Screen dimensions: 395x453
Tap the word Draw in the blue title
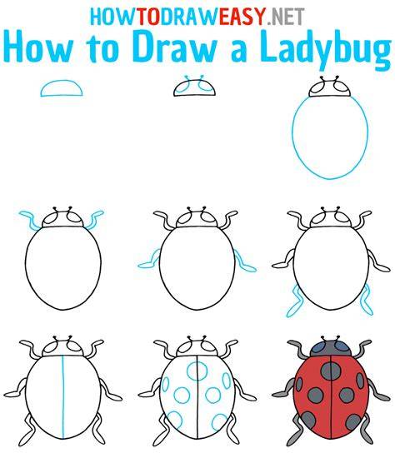(x=175, y=47)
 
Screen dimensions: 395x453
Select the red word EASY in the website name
(x=242, y=17)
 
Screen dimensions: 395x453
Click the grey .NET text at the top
(x=285, y=17)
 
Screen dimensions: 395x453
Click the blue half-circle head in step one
(x=62, y=81)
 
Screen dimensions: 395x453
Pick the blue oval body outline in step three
(x=292, y=136)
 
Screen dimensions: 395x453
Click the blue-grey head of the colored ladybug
(x=331, y=348)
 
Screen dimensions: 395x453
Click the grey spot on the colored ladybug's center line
(x=330, y=371)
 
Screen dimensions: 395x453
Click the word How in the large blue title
(x=37, y=47)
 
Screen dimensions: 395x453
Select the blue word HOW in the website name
(x=113, y=17)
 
